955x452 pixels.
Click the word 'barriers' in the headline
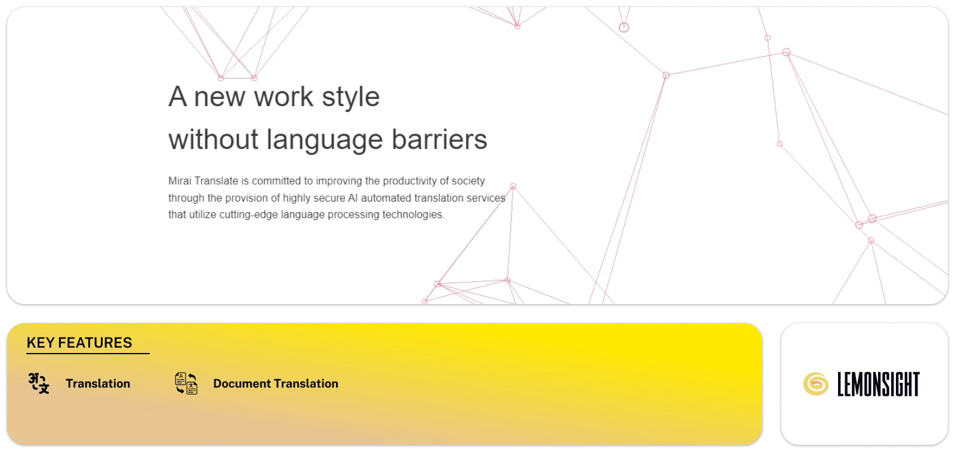[439, 140]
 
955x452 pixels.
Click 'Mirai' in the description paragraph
[180, 181]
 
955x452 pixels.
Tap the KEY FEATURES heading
[79, 342]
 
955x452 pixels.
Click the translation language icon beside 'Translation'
[39, 383]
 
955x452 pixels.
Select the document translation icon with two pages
[186, 383]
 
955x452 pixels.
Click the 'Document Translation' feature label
[275, 383]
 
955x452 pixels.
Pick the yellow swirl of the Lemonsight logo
[815, 384]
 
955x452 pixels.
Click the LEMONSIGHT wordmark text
[878, 384]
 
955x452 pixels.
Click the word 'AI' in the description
[353, 197]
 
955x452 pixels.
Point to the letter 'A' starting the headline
[177, 96]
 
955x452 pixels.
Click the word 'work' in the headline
[284, 96]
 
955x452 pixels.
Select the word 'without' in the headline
[213, 140]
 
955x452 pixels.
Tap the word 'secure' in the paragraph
[329, 198]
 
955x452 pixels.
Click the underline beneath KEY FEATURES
[88, 353]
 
